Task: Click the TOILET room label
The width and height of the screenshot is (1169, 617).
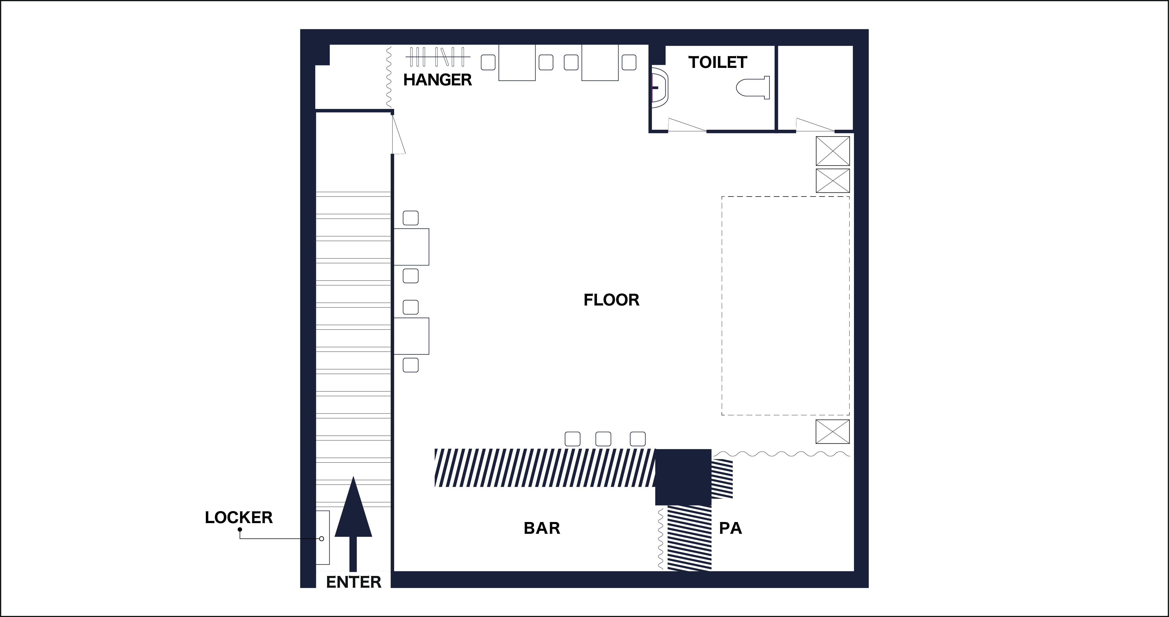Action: coord(717,62)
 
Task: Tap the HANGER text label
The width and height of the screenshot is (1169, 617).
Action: coord(437,80)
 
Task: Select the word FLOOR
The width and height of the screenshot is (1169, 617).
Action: coord(611,300)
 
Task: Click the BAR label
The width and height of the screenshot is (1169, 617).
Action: coord(542,528)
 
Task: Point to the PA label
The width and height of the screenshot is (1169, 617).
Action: coord(731,528)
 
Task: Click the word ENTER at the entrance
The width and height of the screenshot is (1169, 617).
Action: coord(354,582)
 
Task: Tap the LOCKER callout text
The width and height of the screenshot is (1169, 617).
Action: coord(239,518)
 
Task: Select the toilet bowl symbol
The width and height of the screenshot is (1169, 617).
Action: coord(753,88)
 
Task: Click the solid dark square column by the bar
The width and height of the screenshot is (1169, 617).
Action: coord(683,477)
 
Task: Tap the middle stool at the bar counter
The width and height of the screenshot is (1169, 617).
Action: coord(603,439)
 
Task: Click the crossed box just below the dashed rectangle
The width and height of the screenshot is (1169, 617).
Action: coord(833,431)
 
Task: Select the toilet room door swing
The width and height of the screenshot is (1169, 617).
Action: coord(687,125)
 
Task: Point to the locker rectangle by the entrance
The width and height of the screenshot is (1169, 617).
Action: coord(323,538)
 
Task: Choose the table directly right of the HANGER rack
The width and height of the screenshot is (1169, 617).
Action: coord(517,63)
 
